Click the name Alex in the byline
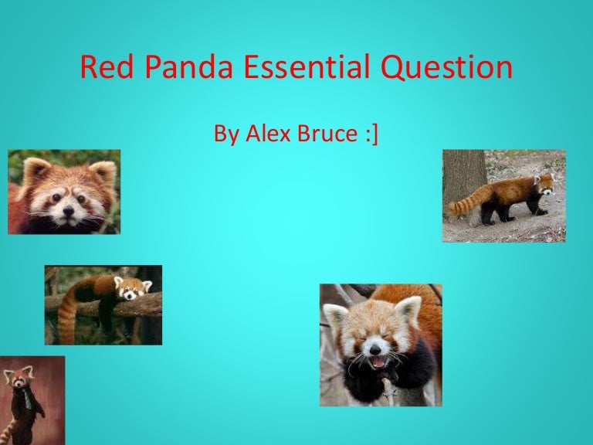point(269,134)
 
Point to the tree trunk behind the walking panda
point(464,174)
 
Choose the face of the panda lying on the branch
point(132,289)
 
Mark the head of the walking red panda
point(544,185)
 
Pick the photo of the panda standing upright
point(32,400)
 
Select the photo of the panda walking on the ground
point(503,195)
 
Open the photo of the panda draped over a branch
point(103,304)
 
